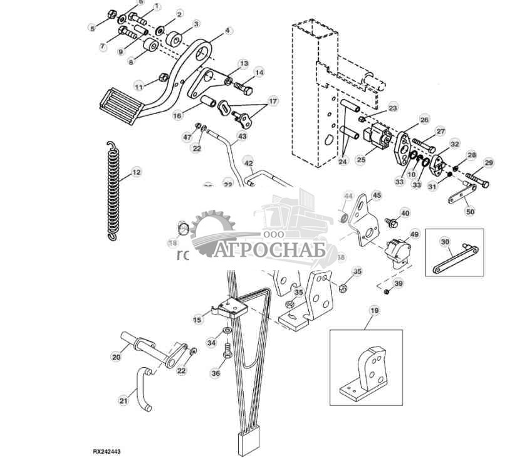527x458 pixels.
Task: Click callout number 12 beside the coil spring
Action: coord(135,172)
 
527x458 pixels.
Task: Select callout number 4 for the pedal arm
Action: coord(227,30)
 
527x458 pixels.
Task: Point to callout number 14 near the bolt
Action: coord(259,73)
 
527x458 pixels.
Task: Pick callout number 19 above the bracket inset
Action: coord(373,310)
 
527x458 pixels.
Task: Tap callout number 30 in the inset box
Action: coord(445,242)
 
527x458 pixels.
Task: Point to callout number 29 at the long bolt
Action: coord(489,163)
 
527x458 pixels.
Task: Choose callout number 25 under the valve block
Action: coord(360,160)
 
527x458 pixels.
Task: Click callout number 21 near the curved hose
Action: coord(123,399)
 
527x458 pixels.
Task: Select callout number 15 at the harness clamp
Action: coord(197,320)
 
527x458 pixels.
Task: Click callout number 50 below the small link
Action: coord(470,212)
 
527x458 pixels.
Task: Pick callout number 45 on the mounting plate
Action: coord(376,195)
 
